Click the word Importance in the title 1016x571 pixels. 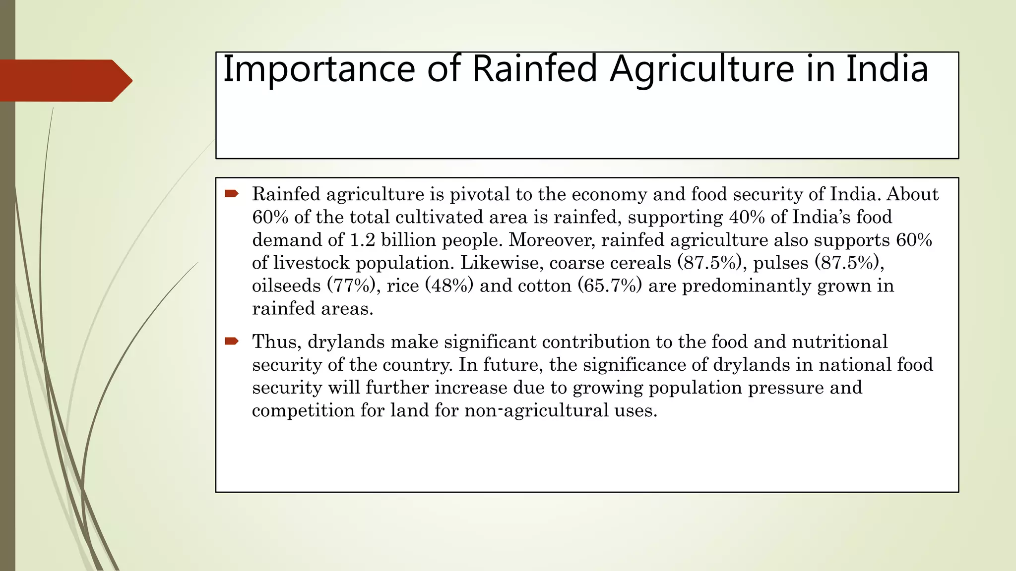click(318, 69)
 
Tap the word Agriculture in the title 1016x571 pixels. click(701, 69)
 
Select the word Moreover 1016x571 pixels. click(552, 240)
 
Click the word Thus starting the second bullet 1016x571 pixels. click(276, 342)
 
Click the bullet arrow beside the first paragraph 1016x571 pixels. click(232, 193)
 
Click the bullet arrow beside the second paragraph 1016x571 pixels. click(232, 341)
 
